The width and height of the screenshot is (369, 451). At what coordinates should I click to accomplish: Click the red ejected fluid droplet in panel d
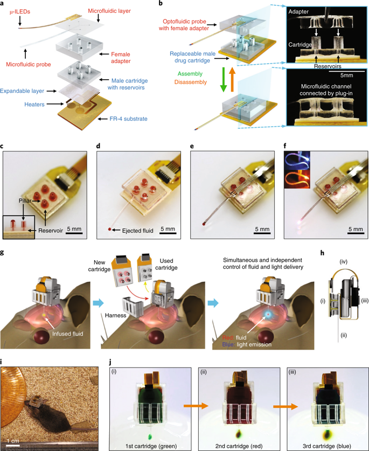(110, 230)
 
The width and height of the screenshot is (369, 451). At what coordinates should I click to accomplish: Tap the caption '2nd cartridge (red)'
(241, 445)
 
